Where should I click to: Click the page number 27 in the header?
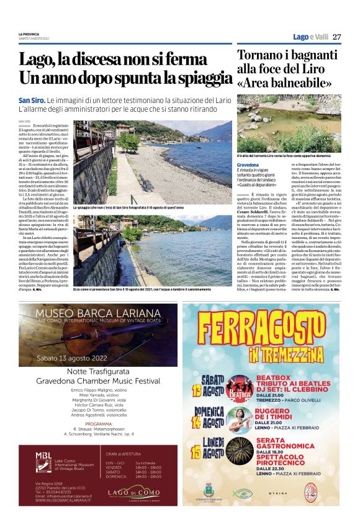tap(336, 37)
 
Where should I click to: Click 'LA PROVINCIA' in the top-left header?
tap(29, 34)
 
